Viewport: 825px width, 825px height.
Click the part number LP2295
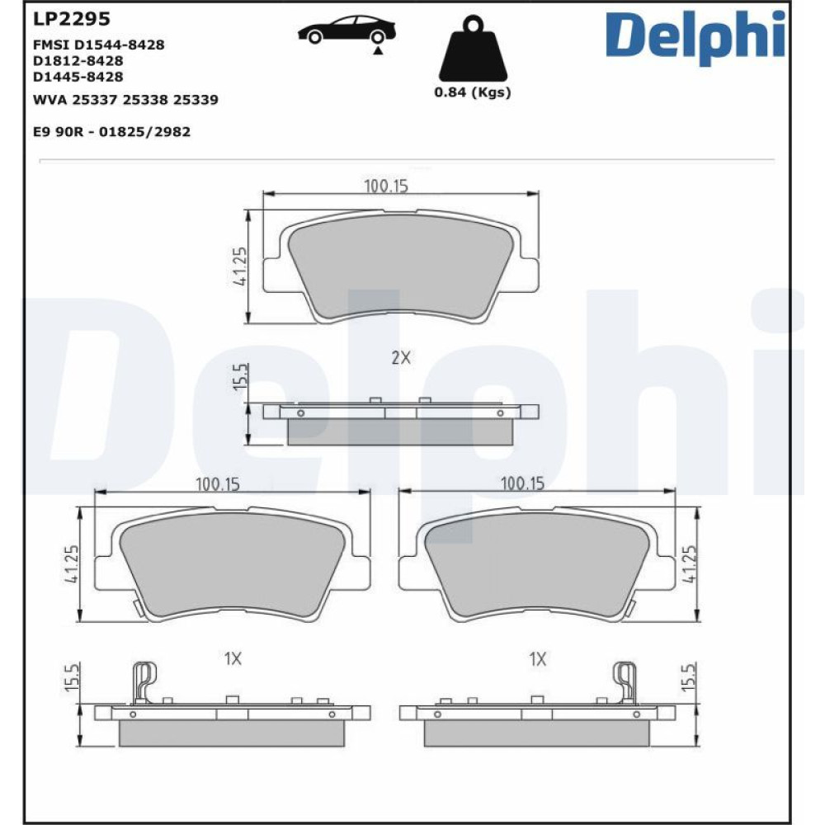[x=72, y=19]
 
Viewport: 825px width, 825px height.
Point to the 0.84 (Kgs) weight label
[x=473, y=92]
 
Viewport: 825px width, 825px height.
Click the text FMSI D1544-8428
[x=99, y=45]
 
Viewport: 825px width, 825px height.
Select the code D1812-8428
[x=78, y=60]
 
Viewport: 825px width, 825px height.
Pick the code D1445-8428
[x=78, y=77]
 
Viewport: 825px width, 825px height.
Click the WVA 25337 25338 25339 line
[x=125, y=100]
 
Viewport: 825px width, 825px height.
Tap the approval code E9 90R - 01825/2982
[x=111, y=131]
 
